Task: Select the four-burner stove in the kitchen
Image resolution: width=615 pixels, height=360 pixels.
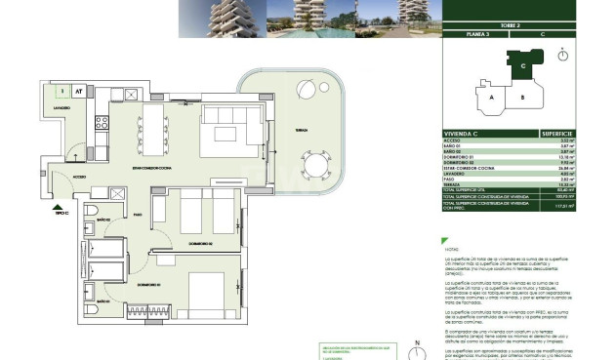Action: (100, 124)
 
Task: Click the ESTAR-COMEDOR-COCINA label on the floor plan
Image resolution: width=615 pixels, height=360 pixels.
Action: (161, 171)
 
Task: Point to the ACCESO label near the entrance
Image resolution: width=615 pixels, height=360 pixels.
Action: (78, 177)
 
